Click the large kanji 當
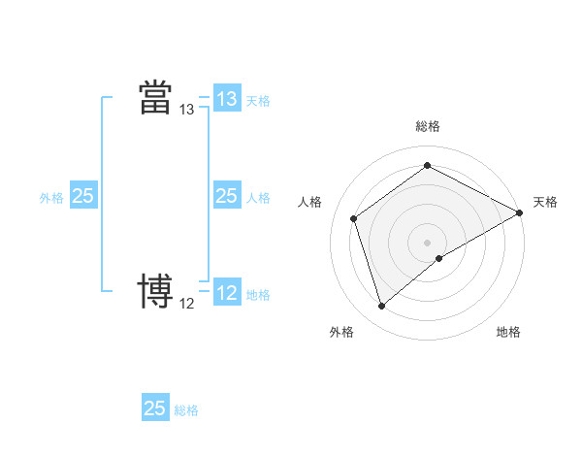click(155, 97)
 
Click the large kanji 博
click(155, 290)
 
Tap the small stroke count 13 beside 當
click(187, 110)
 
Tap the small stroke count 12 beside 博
click(187, 304)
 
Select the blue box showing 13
click(226, 99)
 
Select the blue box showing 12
click(226, 293)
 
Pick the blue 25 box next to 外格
click(82, 196)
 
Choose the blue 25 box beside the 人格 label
click(226, 196)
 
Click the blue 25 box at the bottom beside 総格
click(155, 408)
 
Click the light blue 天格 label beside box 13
click(258, 100)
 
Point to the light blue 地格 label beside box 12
click(258, 294)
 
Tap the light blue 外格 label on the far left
click(51, 197)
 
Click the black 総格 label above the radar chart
click(428, 126)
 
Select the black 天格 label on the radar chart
click(545, 202)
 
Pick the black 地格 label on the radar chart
click(508, 332)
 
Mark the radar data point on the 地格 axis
click(439, 258)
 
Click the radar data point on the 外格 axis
click(381, 307)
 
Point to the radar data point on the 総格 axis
click(428, 165)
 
